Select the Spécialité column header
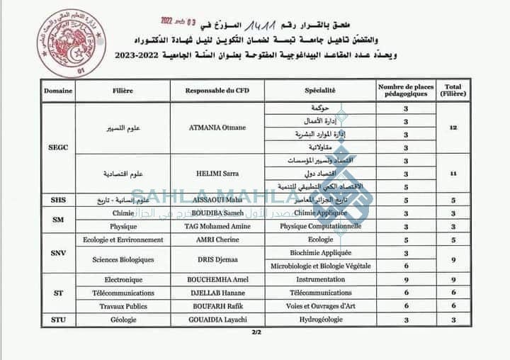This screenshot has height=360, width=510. tap(320, 91)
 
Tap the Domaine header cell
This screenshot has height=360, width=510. tap(58, 91)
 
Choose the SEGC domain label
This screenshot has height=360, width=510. tap(58, 147)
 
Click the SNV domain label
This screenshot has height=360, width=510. tap(58, 253)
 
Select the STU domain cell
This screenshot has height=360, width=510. tap(58, 320)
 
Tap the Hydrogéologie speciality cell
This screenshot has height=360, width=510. tap(320, 320)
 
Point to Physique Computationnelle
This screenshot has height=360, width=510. tap(320, 227)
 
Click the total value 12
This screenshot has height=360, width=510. tap(453, 128)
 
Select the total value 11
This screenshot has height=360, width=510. tap(453, 174)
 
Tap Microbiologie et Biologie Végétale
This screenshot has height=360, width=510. tap(320, 266)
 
